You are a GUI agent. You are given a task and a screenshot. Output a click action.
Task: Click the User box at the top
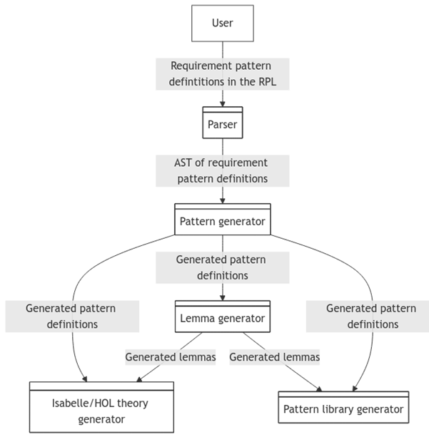click(x=222, y=23)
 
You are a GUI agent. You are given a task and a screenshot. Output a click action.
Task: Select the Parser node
click(x=222, y=124)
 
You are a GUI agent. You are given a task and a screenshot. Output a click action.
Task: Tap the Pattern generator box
click(x=222, y=221)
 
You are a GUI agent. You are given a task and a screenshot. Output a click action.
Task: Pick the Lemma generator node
click(x=222, y=318)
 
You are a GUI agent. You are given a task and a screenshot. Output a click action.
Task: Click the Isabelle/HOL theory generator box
click(x=101, y=411)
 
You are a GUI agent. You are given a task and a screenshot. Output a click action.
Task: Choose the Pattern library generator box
click(x=343, y=409)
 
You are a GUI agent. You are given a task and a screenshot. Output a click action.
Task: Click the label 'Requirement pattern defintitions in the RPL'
click(x=222, y=73)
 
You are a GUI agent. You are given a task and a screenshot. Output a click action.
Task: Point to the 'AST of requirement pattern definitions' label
click(x=222, y=171)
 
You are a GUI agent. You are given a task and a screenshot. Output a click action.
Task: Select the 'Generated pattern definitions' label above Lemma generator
click(x=222, y=267)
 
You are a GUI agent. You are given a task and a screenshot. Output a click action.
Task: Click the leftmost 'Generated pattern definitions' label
click(x=71, y=316)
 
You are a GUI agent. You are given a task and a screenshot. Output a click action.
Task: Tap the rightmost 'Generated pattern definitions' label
click(x=371, y=316)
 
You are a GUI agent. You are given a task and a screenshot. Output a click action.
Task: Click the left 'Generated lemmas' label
click(x=170, y=356)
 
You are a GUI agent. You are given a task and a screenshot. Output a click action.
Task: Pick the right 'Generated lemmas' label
click(x=274, y=356)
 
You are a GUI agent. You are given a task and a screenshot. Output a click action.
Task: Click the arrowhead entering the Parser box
click(x=222, y=104)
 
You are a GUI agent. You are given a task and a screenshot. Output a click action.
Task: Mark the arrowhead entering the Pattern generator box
click(x=222, y=201)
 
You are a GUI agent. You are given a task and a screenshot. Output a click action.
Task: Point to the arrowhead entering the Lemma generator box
click(x=222, y=298)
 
